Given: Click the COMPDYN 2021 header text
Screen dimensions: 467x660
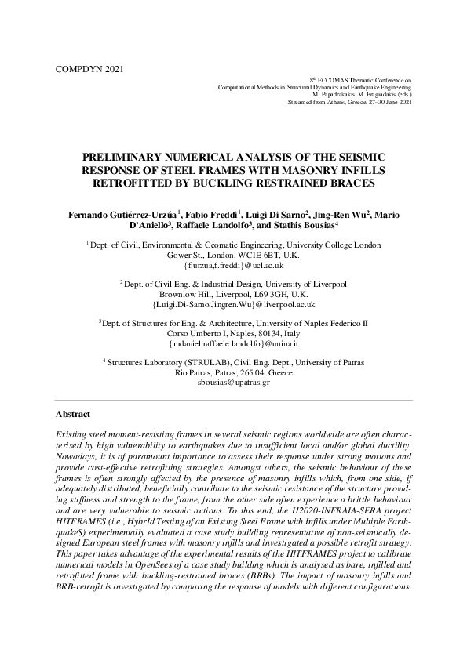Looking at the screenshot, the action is tap(90, 69).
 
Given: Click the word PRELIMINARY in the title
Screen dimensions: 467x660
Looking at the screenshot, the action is tap(125, 158).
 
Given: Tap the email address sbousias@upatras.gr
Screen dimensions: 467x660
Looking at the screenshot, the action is tap(233, 383).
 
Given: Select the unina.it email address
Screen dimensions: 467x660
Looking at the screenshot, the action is tap(233, 343).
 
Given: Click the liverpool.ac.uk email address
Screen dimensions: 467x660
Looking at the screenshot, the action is tap(233, 304).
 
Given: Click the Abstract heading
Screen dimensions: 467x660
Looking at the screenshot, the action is tap(73, 414).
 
